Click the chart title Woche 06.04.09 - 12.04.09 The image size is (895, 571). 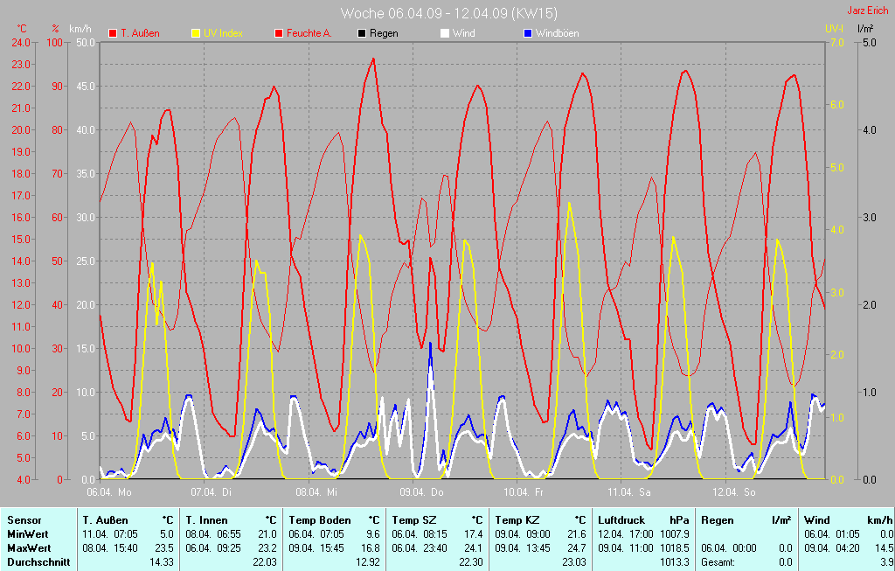[448, 13]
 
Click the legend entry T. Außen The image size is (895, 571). [139, 33]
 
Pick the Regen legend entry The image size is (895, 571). [384, 33]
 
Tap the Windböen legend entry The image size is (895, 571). [556, 33]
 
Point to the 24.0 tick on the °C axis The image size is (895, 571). [20, 42]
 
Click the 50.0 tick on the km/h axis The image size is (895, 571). [86, 42]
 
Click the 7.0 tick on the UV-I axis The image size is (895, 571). [836, 42]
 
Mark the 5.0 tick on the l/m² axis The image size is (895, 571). [870, 42]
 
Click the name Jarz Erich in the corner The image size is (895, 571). [869, 11]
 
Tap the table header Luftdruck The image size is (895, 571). [621, 519]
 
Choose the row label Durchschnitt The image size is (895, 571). [38, 561]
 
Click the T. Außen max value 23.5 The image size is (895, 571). [164, 547]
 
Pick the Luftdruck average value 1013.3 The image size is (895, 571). [676, 561]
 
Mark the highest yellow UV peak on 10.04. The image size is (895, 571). [569, 204]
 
